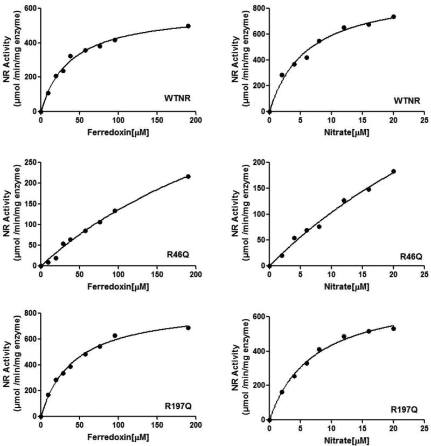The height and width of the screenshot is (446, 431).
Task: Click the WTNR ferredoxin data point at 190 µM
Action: (188, 26)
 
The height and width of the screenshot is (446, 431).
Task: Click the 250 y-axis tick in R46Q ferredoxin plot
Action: (30, 162)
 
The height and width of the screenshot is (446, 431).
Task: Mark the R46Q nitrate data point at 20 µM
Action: (393, 171)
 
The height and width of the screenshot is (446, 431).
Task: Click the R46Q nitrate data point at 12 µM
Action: (344, 200)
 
